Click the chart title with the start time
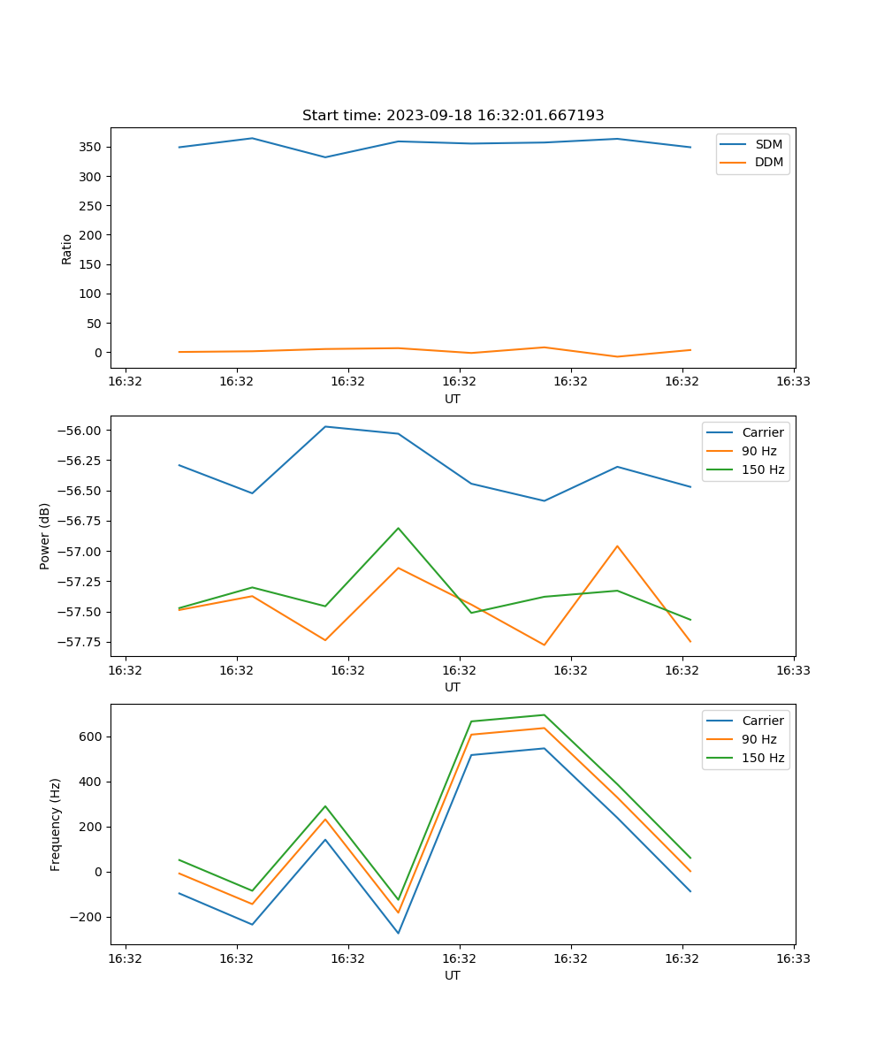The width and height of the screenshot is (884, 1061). click(x=453, y=116)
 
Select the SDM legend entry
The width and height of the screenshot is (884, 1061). click(x=768, y=144)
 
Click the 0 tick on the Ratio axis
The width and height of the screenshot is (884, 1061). click(x=97, y=352)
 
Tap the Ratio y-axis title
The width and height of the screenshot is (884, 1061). click(x=67, y=249)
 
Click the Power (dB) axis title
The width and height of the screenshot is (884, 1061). click(x=45, y=536)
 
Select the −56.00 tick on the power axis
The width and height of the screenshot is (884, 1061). click(x=81, y=431)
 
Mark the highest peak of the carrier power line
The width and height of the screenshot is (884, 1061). click(x=325, y=426)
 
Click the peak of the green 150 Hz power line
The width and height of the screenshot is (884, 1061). click(x=399, y=528)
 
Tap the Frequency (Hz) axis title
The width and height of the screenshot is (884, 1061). click(x=56, y=824)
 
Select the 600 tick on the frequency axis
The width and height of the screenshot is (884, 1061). click(x=91, y=737)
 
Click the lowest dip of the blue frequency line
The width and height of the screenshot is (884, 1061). click(x=399, y=933)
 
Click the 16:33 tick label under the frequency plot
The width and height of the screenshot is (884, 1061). click(x=794, y=958)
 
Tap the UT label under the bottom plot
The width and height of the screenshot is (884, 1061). click(x=453, y=975)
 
